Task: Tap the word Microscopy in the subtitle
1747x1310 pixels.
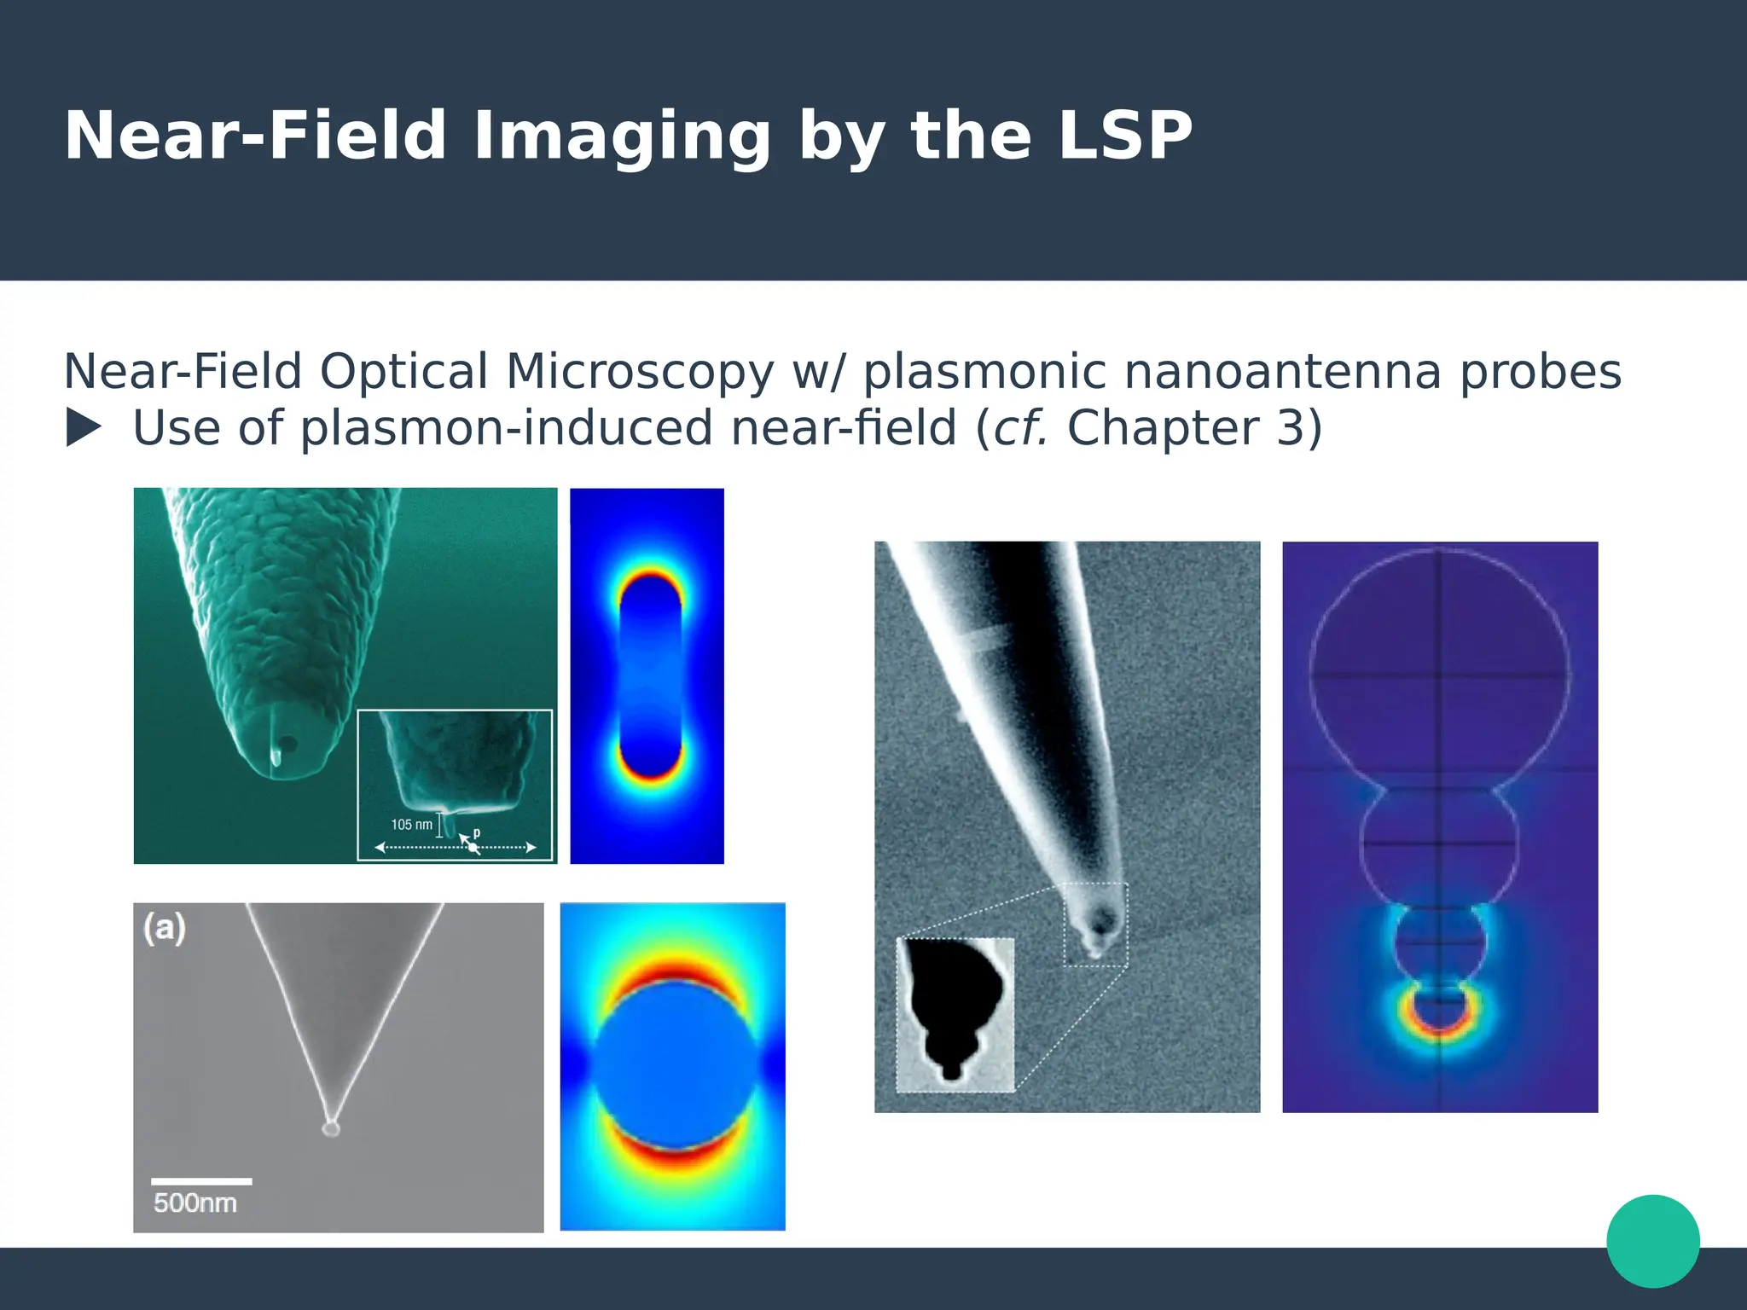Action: click(639, 372)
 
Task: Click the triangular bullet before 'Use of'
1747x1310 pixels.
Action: click(84, 428)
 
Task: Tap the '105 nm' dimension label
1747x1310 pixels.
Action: click(411, 825)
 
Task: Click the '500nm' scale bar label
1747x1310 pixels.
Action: click(195, 1203)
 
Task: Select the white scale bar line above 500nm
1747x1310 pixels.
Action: click(201, 1181)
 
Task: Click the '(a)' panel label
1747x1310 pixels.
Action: click(165, 928)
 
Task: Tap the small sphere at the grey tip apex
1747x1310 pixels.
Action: click(331, 1128)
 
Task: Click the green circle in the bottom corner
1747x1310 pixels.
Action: click(1652, 1241)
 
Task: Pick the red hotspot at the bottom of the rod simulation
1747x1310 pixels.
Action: click(650, 772)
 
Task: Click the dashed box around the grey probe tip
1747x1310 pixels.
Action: click(1095, 925)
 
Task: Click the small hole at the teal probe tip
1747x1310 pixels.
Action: click(287, 745)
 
